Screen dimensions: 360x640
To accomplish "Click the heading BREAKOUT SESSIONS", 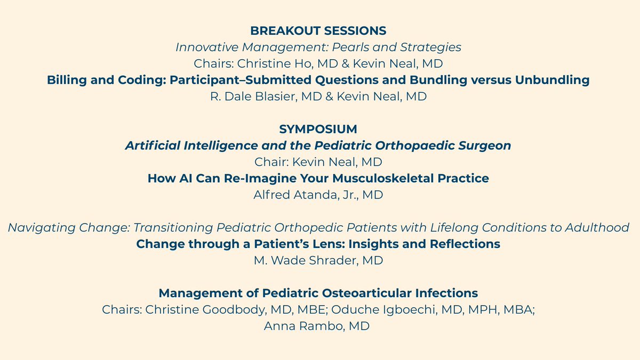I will pos(318,31).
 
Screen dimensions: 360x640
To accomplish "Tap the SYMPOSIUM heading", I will pos(318,129).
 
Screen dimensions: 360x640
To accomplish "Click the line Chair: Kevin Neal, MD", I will pos(318,162).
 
